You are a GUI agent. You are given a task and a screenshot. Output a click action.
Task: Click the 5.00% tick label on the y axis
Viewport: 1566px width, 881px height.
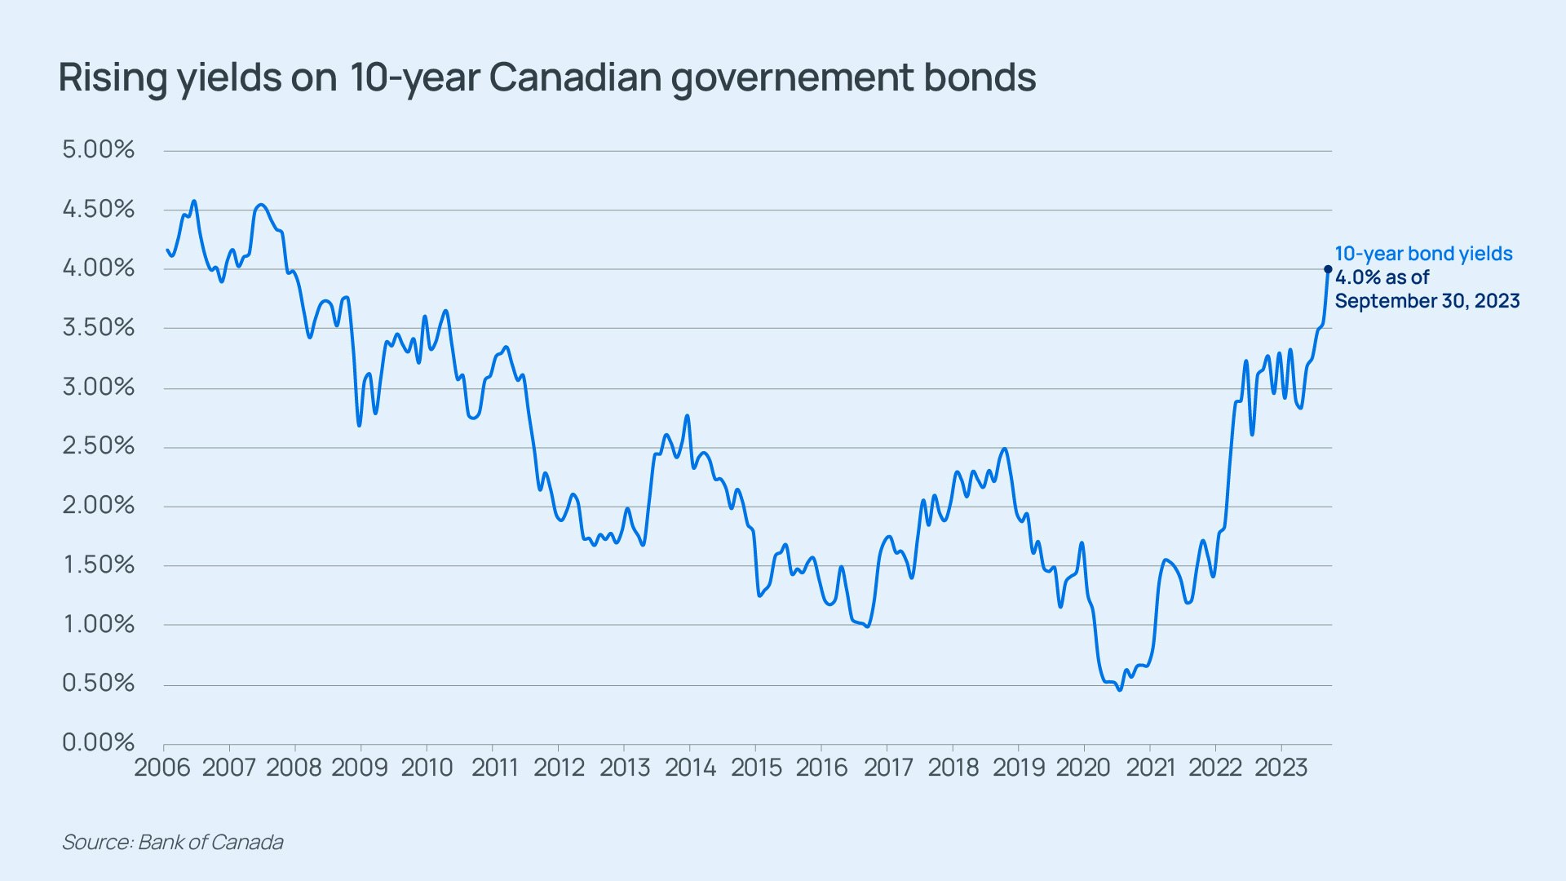click(98, 150)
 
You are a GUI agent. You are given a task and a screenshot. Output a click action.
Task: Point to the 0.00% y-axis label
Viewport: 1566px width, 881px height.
click(98, 742)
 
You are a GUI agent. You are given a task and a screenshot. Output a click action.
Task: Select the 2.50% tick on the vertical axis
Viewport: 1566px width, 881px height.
click(98, 446)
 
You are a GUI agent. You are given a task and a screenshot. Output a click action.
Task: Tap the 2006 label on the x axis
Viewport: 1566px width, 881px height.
click(162, 768)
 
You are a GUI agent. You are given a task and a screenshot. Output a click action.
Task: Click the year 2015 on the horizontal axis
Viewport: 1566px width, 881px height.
click(755, 768)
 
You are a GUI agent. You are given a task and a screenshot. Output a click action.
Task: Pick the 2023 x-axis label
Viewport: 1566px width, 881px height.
click(1281, 768)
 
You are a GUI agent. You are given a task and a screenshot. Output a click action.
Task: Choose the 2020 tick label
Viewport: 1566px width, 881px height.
click(1083, 768)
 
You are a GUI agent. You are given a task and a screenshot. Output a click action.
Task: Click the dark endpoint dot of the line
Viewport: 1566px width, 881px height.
click(1328, 269)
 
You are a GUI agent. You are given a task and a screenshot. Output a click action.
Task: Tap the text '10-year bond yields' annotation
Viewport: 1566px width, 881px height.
click(1423, 254)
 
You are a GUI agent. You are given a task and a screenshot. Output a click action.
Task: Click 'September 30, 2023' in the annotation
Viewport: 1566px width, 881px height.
click(1427, 301)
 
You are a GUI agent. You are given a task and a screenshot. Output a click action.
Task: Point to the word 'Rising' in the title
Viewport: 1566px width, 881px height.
click(113, 78)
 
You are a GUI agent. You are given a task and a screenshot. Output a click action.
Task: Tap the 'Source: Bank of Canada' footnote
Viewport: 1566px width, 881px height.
click(173, 842)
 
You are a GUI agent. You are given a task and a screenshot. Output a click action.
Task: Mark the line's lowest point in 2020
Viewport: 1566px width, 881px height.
click(1120, 689)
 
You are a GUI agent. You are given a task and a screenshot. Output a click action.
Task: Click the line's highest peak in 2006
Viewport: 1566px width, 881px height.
click(193, 201)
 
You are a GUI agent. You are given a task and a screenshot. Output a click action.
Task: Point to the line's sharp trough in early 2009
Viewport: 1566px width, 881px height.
click(359, 425)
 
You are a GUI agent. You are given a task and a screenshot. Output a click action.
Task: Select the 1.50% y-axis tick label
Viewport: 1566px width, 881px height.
click(98, 564)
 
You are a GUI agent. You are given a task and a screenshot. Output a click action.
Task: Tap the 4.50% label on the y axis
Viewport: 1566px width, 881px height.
click(98, 210)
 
